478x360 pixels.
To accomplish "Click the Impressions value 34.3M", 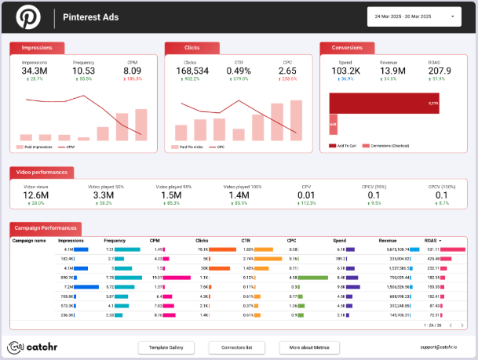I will pos(35,71).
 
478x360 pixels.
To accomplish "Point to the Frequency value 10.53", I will pos(84,71).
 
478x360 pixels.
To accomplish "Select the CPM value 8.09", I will pos(132,71).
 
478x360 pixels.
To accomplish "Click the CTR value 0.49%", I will pos(239,71).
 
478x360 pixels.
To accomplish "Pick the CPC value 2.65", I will pos(286,71).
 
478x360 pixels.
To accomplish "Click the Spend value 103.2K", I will pos(345,71).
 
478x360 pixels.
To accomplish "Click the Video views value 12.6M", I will pos(37,195).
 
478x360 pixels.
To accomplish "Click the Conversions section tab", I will pos(348,48).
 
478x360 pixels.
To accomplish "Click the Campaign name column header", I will pos(30,241).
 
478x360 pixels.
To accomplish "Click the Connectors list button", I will pos(236,347).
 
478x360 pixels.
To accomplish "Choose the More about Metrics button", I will pos(309,347).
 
